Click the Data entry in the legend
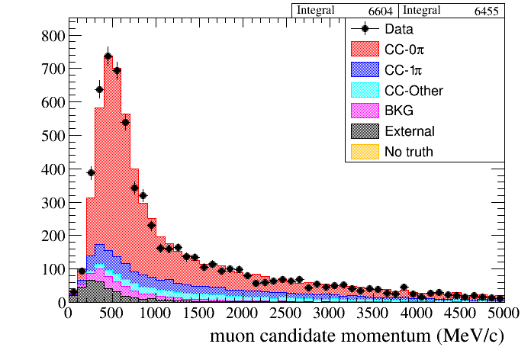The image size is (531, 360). coord(401,30)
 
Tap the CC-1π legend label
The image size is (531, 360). coord(403,70)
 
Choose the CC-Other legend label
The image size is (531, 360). coord(414,91)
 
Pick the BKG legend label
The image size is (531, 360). coord(399,111)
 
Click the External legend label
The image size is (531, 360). coord(409,131)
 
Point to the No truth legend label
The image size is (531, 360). coord(409,152)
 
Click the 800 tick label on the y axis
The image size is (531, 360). coord(52,35)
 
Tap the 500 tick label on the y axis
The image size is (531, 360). coord(52,135)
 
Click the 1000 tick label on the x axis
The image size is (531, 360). coord(156,313)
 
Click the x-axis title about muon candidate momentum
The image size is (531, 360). coord(367,336)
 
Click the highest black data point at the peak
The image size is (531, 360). coord(108,56)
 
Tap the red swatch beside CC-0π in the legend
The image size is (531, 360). coord(365,50)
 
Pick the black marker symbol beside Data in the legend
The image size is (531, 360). coord(365,30)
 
